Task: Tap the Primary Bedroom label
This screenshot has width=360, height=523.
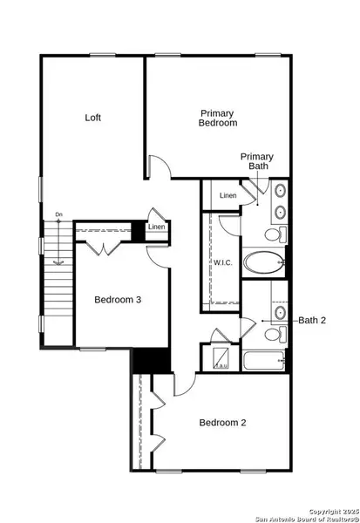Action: [218, 118]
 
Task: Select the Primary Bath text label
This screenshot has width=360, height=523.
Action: [257, 161]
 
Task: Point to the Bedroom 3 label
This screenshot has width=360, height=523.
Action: [118, 300]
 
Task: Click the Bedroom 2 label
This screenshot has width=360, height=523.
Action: [222, 423]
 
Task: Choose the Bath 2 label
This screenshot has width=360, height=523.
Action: [311, 320]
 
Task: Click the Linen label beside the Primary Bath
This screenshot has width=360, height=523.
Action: [228, 195]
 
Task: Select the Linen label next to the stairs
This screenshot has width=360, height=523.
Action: [157, 228]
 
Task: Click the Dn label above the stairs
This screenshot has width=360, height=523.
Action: [58, 214]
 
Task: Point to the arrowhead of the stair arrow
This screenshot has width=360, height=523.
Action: [58, 261]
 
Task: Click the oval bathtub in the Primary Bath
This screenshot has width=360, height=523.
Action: [263, 262]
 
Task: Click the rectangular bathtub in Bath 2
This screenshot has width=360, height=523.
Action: [263, 361]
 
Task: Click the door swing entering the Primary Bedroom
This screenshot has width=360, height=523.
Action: [156, 166]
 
